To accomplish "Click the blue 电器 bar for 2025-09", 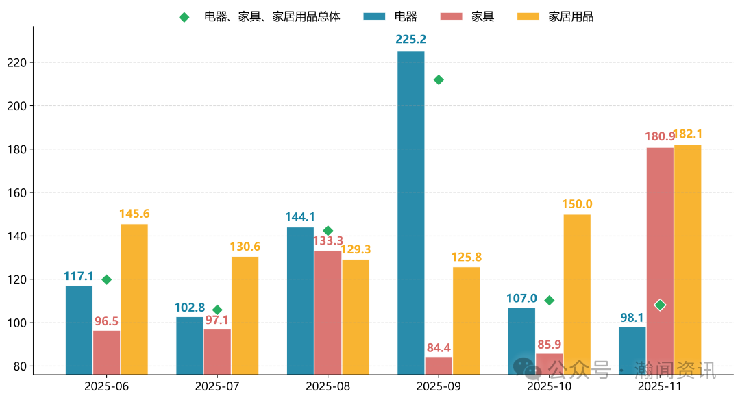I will pos(411,212).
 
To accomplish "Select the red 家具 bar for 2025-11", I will pos(659,260).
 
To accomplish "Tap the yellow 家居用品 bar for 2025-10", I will pos(577,295).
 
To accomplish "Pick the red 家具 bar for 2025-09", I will pos(439,365).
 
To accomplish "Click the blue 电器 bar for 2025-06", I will pos(79,329).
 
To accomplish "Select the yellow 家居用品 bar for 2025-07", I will pos(245,315).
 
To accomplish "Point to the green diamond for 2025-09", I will pos(439,80).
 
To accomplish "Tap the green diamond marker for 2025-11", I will pos(660,305).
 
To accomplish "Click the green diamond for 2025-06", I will pos(106,279).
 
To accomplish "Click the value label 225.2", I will pos(410,40).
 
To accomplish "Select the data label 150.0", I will pos(577,204).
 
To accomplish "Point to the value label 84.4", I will pos(439,348).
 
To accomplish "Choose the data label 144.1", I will pos(300,217).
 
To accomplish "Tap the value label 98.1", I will pos(632,317).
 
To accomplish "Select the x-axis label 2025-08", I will pos(328,386).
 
